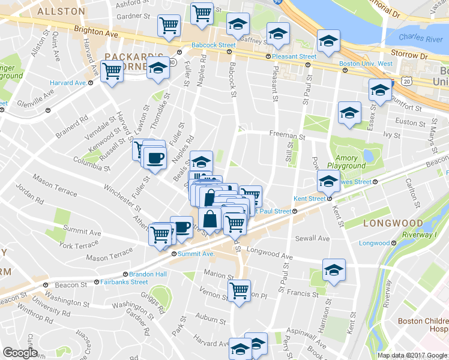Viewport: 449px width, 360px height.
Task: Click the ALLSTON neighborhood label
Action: [61, 11]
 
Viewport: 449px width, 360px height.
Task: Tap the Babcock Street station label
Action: [213, 45]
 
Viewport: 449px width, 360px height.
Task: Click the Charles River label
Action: [420, 37]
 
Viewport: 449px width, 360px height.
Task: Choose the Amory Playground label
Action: [346, 161]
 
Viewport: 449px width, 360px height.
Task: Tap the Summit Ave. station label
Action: [196, 254]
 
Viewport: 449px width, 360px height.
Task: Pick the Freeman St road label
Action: [287, 137]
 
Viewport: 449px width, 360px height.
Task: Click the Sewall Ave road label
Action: [312, 238]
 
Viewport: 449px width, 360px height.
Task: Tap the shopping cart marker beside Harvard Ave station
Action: [112, 71]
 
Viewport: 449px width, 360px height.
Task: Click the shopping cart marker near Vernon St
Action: [240, 290]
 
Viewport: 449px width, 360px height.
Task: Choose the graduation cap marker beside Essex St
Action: [379, 90]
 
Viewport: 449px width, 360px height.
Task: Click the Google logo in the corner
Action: [20, 353]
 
